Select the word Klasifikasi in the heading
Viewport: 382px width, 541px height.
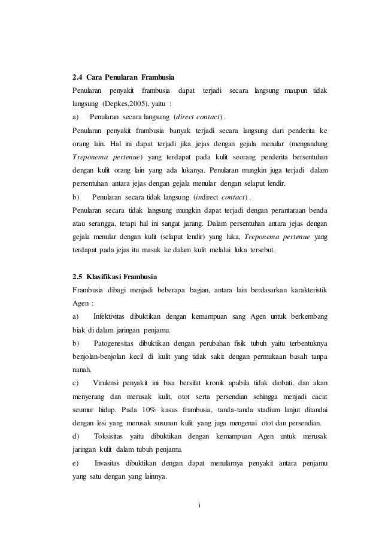click(x=105, y=277)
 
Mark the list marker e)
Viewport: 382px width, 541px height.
click(x=75, y=463)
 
